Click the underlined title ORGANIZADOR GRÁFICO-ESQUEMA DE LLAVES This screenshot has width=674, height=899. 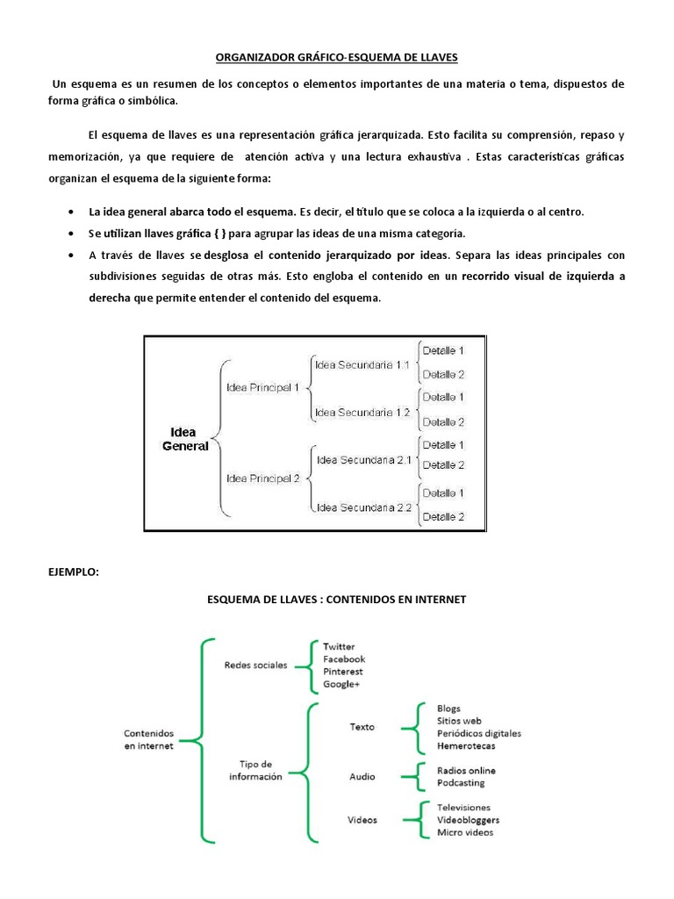click(337, 58)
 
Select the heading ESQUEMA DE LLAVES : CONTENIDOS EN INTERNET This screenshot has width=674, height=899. click(337, 600)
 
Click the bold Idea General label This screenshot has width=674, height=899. click(183, 439)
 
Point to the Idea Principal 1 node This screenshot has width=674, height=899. click(262, 387)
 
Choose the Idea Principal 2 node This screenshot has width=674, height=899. click(262, 478)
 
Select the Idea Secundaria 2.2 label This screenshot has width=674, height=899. click(363, 507)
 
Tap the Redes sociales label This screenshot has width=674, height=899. click(255, 665)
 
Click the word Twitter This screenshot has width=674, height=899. click(339, 647)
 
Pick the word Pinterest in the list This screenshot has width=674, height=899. click(342, 672)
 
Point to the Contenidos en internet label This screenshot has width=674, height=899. click(149, 739)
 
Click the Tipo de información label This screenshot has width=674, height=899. click(255, 771)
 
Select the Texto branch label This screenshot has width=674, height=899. click(362, 727)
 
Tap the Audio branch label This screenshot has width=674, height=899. click(362, 776)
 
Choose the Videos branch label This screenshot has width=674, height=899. click(362, 820)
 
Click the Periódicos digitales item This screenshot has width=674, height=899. click(478, 733)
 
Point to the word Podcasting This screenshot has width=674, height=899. click(461, 783)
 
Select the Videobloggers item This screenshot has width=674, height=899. click(468, 820)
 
